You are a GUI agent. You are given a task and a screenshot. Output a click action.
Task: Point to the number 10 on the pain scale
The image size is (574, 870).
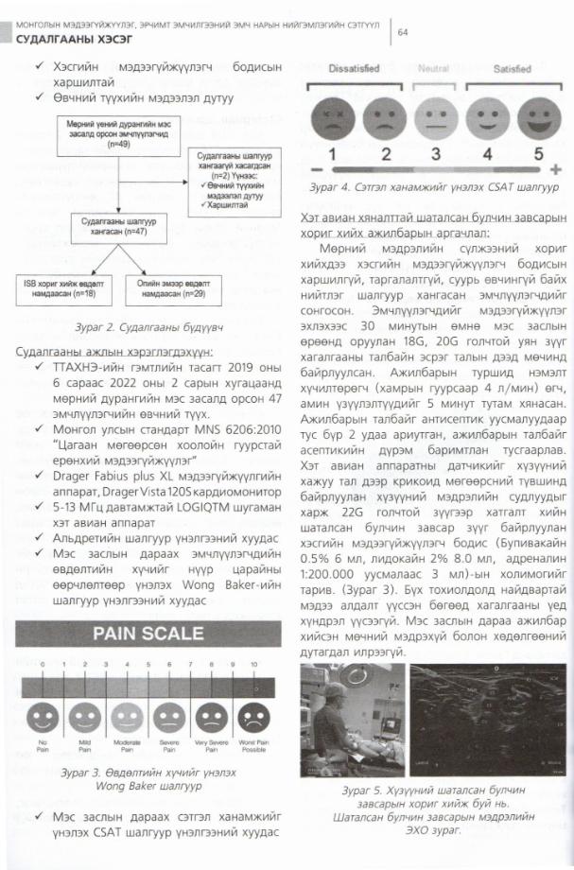tap(252, 666)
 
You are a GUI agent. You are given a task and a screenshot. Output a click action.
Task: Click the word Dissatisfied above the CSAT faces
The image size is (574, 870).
tap(355, 68)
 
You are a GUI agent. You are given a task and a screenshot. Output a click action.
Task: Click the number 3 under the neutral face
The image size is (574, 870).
tap(435, 153)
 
